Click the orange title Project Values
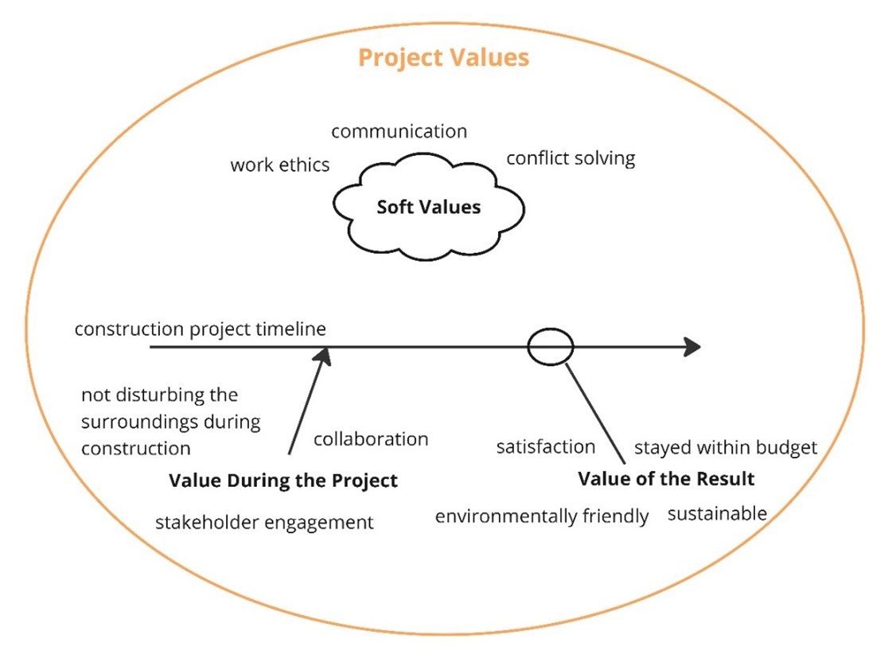tap(443, 58)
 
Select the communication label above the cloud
tap(399, 131)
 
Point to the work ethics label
tap(279, 165)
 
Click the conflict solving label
tap(571, 158)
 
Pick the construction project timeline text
tap(201, 329)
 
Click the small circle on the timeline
tap(551, 347)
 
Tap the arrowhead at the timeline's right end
tap(691, 347)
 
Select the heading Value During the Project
tap(283, 481)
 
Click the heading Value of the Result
tap(666, 479)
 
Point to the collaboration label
tap(371, 439)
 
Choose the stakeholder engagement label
tap(264, 523)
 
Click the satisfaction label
tap(546, 447)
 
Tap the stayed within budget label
tap(725, 447)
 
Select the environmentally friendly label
tap(542, 516)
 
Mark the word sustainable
tap(717, 513)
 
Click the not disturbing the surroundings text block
tap(170, 421)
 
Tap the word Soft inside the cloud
tap(395, 207)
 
